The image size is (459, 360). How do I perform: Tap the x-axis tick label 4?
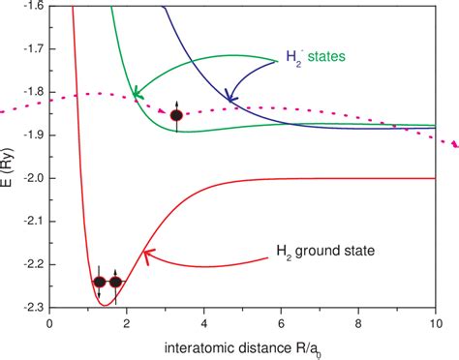pyautogui.click(x=204, y=324)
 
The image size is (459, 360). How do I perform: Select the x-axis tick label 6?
pyautogui.click(x=282, y=324)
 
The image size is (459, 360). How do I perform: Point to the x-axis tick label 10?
pyautogui.click(x=435, y=324)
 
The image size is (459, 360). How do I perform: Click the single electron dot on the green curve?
pyautogui.click(x=176, y=115)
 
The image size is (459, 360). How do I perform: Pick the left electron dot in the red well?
pyautogui.click(x=99, y=282)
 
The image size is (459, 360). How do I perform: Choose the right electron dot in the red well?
pyautogui.click(x=116, y=282)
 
